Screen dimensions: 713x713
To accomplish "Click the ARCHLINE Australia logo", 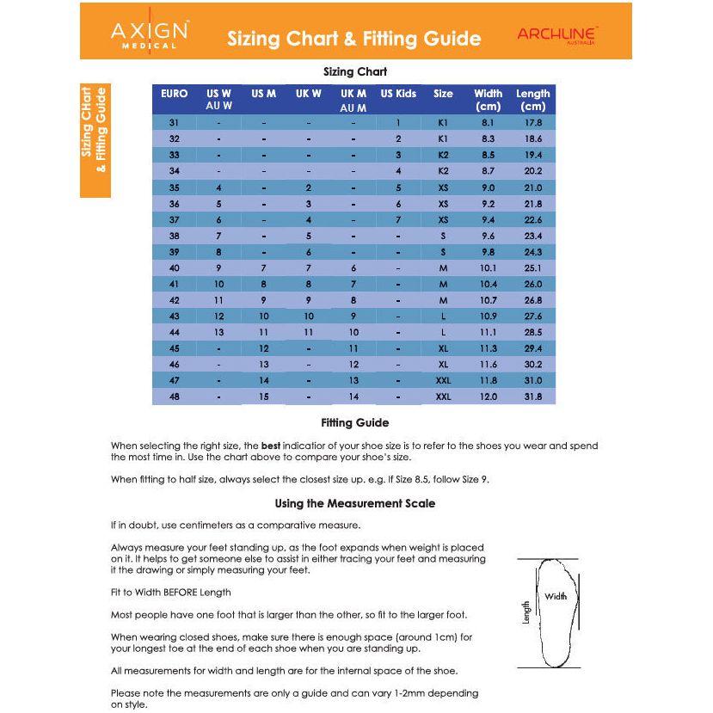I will tap(557, 35).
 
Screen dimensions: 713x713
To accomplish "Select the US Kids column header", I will tap(398, 94).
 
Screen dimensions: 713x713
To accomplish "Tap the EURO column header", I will tap(174, 94).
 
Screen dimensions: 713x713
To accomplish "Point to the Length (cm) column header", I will tap(532, 100).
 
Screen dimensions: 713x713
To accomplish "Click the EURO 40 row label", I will tap(174, 268).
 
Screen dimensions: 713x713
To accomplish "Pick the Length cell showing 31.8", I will tap(532, 396).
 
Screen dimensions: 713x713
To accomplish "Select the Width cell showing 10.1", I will tap(488, 268).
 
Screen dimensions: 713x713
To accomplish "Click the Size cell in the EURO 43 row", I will tap(443, 317).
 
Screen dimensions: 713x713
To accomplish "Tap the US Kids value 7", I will tap(398, 220).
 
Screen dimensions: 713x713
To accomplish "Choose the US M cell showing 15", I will tap(264, 396).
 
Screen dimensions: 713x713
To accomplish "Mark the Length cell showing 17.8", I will tap(532, 123).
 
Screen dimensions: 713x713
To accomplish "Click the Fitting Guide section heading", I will tap(354, 422).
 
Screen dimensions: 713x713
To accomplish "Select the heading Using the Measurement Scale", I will tap(354, 503).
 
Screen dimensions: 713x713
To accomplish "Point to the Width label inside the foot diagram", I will tap(556, 596).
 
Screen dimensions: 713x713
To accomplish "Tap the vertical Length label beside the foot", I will tap(526, 612).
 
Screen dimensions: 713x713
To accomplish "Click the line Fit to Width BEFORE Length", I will tap(170, 592).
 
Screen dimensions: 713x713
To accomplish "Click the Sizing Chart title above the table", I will tap(354, 71).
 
